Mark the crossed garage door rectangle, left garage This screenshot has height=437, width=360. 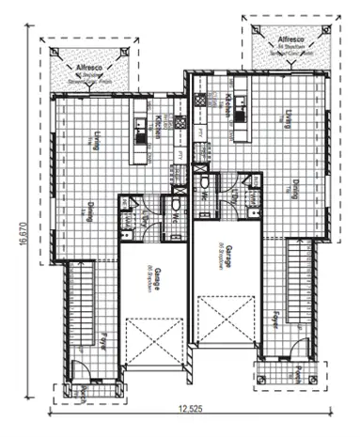(153, 339)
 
